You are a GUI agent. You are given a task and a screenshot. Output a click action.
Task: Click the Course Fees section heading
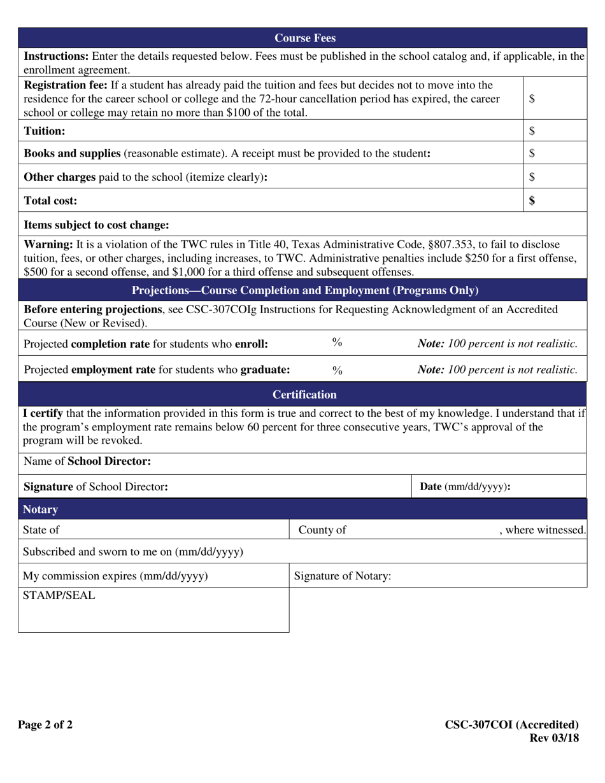(305, 38)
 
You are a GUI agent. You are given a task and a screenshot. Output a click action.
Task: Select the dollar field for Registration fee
(554, 99)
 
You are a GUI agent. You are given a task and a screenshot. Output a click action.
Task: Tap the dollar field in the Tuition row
(554, 131)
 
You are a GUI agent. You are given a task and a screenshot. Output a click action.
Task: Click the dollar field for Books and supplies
(554, 153)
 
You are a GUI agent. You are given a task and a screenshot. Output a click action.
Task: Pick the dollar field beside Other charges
(554, 177)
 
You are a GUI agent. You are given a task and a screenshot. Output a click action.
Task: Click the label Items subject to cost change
(96, 225)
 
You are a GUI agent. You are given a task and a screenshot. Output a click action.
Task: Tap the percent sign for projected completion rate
(338, 342)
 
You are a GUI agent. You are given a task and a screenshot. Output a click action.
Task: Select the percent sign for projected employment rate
(338, 370)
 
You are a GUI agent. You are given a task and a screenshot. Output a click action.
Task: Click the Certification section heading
(304, 395)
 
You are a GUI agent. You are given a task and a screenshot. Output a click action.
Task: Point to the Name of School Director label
(87, 461)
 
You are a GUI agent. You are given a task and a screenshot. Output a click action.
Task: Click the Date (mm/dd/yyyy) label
(465, 487)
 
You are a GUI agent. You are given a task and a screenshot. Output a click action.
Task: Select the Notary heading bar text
(40, 509)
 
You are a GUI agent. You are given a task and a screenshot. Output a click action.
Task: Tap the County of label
(322, 530)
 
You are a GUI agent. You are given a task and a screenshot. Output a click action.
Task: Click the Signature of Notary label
(343, 576)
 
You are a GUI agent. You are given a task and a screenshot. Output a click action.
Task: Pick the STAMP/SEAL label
(59, 596)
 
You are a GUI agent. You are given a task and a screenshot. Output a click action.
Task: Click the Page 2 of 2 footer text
(45, 724)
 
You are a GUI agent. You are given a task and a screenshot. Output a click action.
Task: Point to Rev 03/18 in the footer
(554, 738)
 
